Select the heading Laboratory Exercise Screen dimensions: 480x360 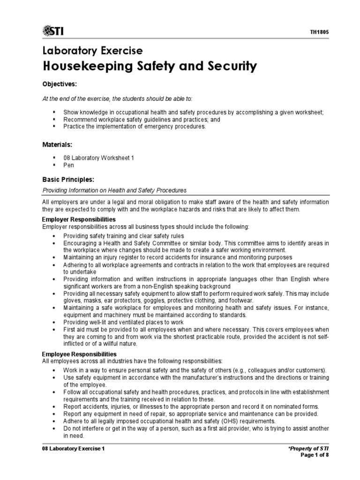[92, 51]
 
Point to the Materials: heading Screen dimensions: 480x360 [57, 145]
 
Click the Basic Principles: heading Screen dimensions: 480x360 [68, 180]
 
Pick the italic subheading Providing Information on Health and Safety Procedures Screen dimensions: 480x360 [114, 190]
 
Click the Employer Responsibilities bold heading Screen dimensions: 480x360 [79, 219]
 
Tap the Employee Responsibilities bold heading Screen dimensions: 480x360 [79, 354]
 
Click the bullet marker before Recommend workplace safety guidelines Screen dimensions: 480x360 [54, 120]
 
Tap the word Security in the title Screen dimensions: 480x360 [229, 67]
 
